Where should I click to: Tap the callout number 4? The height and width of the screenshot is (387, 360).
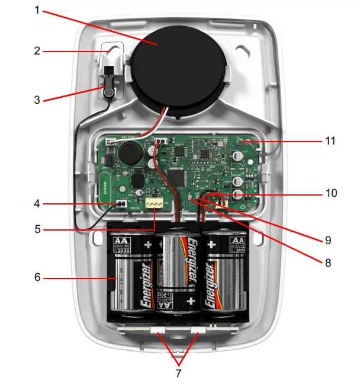[37, 204]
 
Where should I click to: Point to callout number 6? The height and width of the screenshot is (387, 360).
[37, 277]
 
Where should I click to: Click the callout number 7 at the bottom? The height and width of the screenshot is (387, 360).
[178, 374]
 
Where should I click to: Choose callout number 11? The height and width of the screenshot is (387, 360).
[330, 141]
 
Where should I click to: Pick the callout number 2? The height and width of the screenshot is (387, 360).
[37, 51]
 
